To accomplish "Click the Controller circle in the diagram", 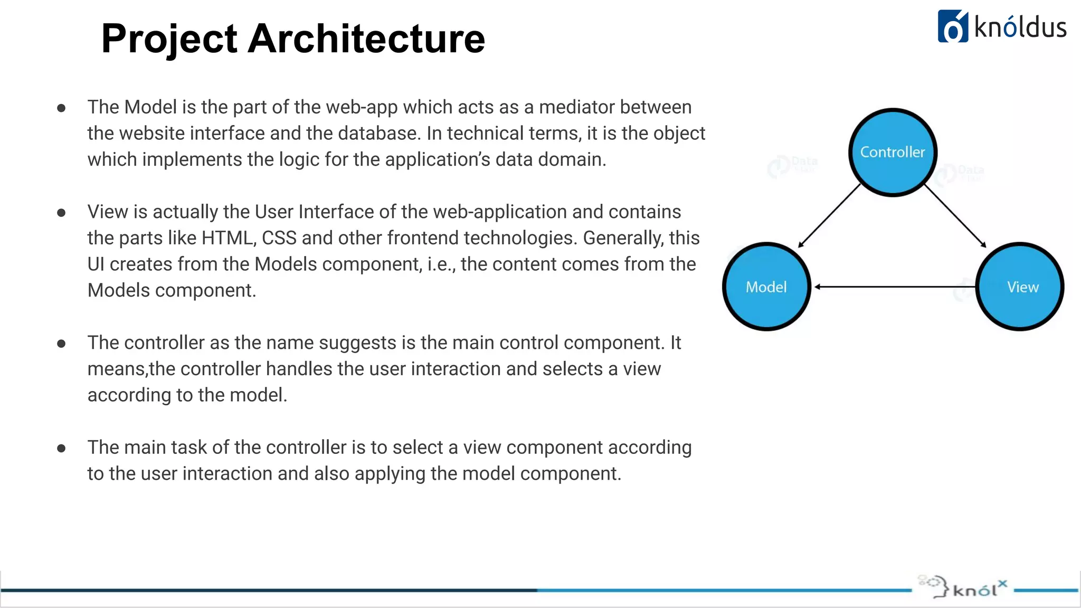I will point(893,153).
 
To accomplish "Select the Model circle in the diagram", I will point(766,287).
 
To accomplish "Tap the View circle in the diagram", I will point(1020,287).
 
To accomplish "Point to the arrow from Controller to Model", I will point(829,215).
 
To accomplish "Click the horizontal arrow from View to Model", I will point(895,287).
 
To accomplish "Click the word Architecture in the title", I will point(366,39).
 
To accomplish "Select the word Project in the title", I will point(169,40).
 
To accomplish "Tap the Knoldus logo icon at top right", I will point(953,26).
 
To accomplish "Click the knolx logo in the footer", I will point(964,587).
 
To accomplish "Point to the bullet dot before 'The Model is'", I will point(61,108).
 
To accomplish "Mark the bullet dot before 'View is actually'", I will point(61,213).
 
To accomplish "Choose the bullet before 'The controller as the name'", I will point(61,344).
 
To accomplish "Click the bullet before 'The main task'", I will point(61,449).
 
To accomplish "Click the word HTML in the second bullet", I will point(227,238).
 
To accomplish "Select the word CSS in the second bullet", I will point(279,238).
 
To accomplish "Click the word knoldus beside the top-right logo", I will point(1020,27).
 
